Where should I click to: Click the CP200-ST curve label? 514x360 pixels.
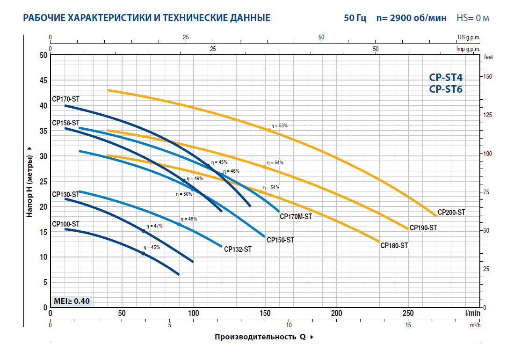pos(451,212)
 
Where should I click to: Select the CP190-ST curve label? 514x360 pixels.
pos(423,228)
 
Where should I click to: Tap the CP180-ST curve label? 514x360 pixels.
pos(394,245)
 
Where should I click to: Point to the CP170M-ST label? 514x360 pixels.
pos(296,216)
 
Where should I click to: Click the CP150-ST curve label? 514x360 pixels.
pos(280,240)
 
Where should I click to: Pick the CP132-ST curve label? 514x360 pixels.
pos(238,249)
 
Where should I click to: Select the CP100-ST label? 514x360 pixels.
pos(65,224)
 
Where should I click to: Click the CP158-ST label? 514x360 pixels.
pos(65,123)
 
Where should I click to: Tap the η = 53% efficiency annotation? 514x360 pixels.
pos(280,126)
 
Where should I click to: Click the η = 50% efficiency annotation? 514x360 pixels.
pos(184,193)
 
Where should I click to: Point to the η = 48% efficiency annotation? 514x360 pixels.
pos(189,219)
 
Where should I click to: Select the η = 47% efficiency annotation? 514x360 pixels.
pos(154,226)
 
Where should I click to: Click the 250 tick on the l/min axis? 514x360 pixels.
pos(408,313)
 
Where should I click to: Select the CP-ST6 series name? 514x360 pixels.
pos(446,89)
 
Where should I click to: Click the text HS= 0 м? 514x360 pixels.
pos(473,18)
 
